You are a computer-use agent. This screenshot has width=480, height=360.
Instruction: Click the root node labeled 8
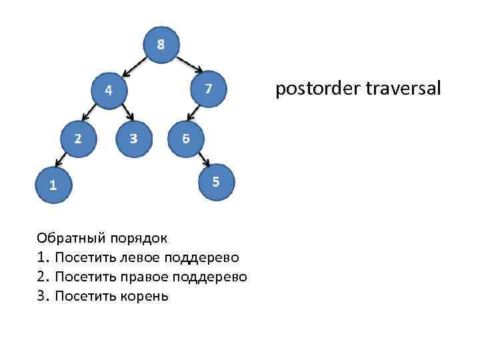tap(160, 45)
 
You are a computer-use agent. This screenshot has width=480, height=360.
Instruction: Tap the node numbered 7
tap(209, 88)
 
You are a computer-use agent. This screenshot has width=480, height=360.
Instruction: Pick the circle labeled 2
tap(78, 139)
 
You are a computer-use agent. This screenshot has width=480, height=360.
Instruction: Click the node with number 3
tap(133, 139)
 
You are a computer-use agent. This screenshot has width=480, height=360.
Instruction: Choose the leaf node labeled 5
tap(216, 181)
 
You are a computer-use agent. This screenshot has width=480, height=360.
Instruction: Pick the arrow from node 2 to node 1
tap(60, 161)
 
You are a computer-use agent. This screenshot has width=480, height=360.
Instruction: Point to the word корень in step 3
tap(143, 295)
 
